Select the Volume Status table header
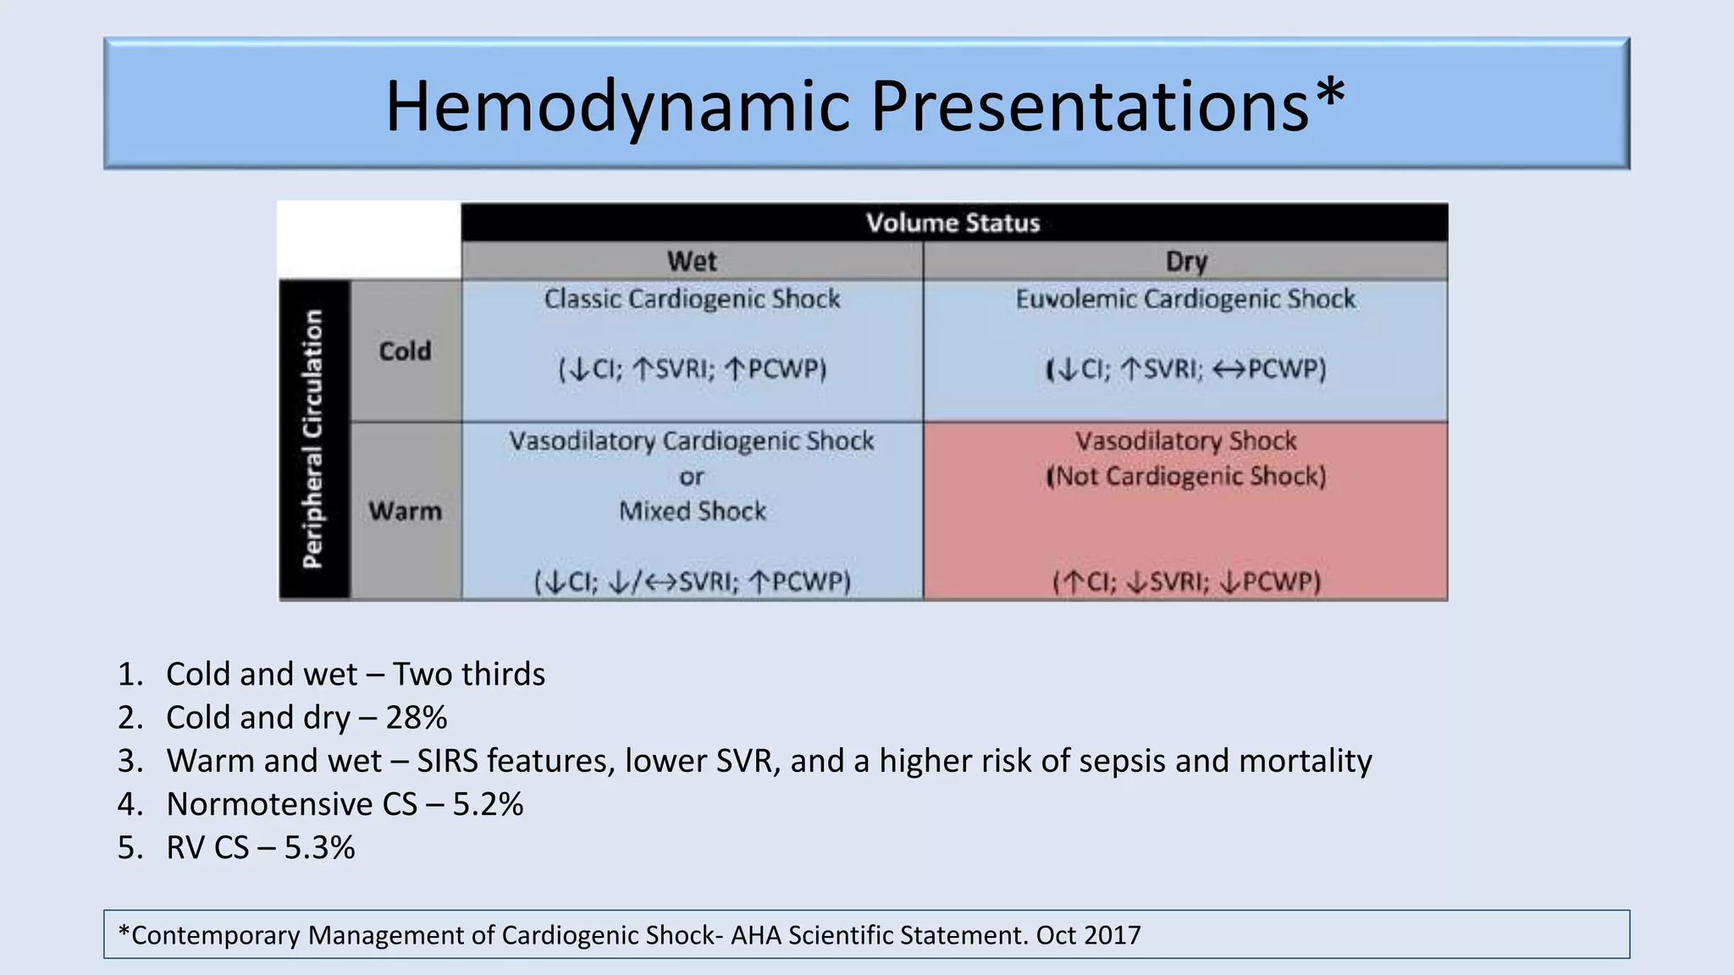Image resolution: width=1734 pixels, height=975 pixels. (x=953, y=223)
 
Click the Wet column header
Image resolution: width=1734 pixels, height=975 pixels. (x=692, y=261)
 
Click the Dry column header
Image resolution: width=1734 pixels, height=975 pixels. (x=1185, y=261)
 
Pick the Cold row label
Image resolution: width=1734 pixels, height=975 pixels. (x=405, y=350)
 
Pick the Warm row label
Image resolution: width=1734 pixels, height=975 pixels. (x=405, y=511)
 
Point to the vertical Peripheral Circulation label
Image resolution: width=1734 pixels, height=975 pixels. (x=313, y=438)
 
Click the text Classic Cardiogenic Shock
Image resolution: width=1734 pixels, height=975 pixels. (x=692, y=299)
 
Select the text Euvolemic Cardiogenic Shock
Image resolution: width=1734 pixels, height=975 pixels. (x=1185, y=299)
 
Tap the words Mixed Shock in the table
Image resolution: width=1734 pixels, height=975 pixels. (x=692, y=511)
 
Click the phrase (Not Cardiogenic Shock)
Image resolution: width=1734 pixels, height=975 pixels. (x=1185, y=476)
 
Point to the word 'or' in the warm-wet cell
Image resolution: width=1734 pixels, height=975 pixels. (x=691, y=477)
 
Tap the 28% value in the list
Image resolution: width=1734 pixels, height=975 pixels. (x=416, y=718)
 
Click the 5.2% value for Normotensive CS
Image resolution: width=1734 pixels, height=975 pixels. (x=488, y=804)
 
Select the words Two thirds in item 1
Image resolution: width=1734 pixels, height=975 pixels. (x=469, y=675)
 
